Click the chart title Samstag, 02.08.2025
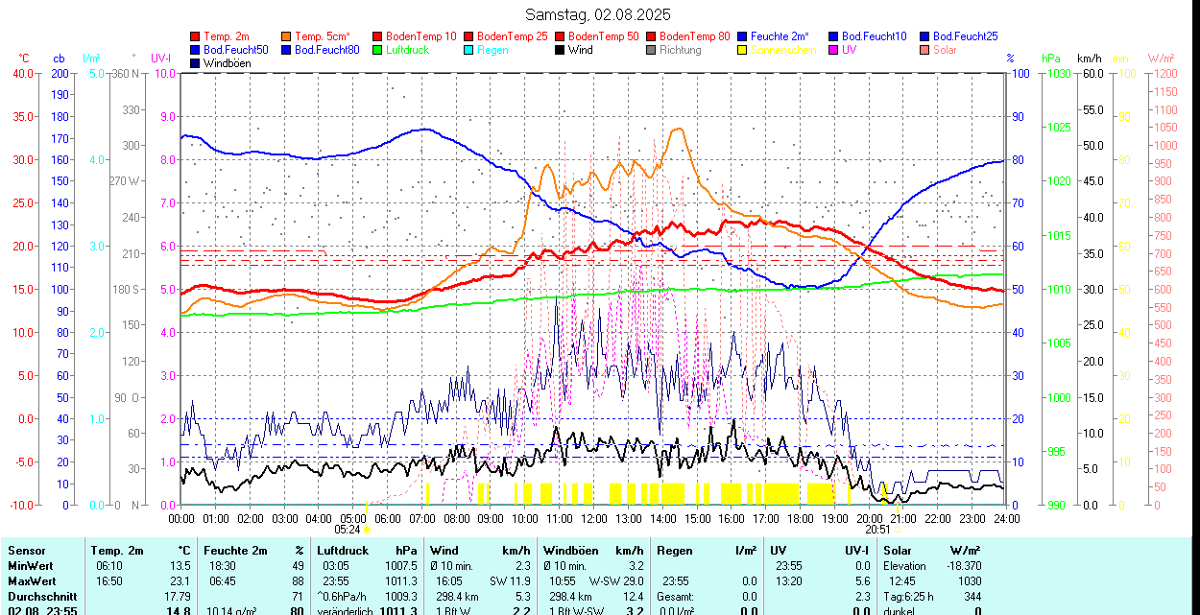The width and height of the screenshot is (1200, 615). point(598,14)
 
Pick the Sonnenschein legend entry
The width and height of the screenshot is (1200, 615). point(783,50)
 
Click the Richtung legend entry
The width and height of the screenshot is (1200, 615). point(680,50)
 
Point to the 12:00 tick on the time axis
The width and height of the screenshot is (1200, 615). point(594,518)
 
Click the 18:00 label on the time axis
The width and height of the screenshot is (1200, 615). point(800,518)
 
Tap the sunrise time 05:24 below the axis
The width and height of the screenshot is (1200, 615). point(348,529)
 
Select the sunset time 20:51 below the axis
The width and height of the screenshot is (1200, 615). point(877,529)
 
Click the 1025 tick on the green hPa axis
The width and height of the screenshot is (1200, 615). point(1058,128)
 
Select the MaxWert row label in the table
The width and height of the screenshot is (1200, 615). point(32,580)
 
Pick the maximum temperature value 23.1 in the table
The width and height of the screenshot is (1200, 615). point(181,580)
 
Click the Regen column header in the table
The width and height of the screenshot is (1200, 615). point(674,551)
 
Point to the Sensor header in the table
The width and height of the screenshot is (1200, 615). point(27,551)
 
